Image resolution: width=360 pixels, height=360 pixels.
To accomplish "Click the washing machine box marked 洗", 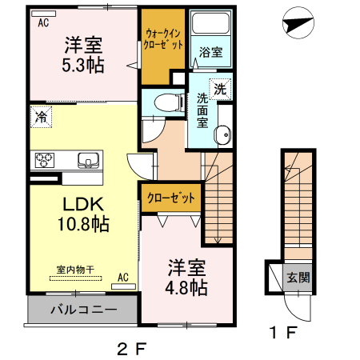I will [219, 90].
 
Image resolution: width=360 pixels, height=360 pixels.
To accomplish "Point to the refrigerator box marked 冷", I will [40, 117].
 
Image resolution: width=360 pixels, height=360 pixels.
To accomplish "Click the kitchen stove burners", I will [43, 159].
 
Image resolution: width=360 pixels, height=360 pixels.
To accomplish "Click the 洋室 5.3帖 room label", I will [84, 54].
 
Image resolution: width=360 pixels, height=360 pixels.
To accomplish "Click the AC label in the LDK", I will [123, 277].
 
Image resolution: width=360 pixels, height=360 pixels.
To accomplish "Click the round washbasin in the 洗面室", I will [224, 134].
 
